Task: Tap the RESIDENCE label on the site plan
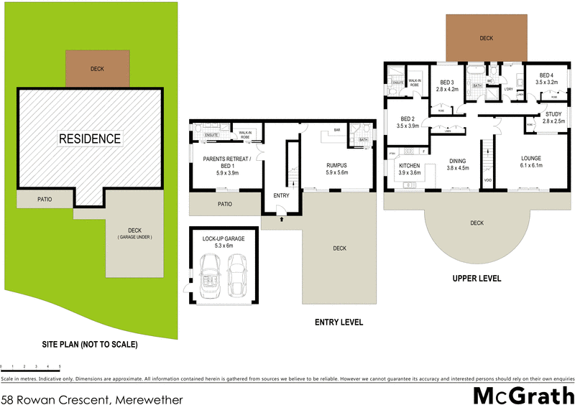[90, 138]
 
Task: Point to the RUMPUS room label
[336, 165]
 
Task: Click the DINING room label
[457, 161]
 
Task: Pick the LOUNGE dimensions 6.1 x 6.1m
[531, 165]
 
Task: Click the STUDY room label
[553, 114]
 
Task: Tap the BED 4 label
[546, 75]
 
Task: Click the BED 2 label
[407, 118]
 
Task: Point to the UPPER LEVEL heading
[477, 278]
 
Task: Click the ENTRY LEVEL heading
[339, 322]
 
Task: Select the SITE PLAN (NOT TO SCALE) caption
[88, 344]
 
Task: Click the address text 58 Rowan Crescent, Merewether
[91, 399]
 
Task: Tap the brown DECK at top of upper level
[486, 38]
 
